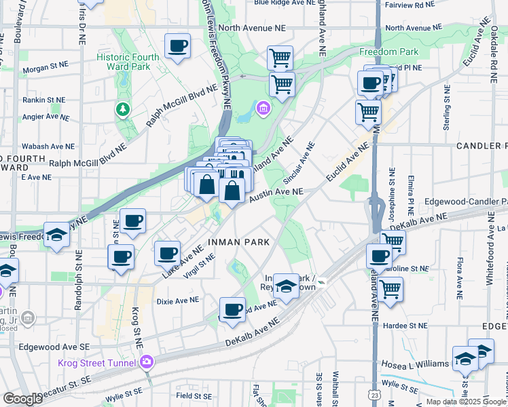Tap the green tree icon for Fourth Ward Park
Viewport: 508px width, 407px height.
pos(122,109)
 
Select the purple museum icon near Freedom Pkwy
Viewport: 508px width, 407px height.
pos(262,109)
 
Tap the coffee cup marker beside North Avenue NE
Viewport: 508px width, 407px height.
pos(178,46)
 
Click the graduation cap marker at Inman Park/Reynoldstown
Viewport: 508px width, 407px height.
pos(286,286)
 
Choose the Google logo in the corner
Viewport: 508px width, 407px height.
pos(22,399)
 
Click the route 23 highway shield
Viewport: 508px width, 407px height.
pos(375,394)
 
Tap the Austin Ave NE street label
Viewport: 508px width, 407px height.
pos(275,195)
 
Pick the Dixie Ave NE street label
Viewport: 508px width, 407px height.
pos(177,300)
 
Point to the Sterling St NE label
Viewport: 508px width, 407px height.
pos(447,106)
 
